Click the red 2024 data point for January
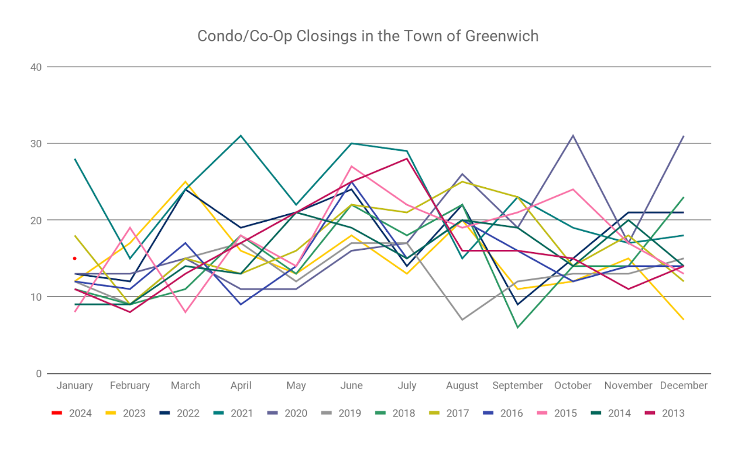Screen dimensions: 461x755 point(74,258)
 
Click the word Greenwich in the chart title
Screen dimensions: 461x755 point(502,36)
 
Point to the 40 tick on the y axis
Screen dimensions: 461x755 point(36,67)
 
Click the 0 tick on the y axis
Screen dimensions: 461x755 point(38,373)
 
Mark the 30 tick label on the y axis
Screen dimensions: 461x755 point(36,143)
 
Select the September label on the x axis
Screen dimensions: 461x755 point(517,386)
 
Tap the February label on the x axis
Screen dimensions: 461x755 point(130,386)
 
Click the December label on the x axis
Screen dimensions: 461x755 point(684,386)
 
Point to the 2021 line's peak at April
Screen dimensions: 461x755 point(241,136)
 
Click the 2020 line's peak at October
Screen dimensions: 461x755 point(573,136)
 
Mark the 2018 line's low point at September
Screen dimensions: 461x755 point(517,328)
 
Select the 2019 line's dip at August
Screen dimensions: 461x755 point(462,319)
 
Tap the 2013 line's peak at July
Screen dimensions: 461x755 point(407,159)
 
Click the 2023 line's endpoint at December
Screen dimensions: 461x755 point(684,319)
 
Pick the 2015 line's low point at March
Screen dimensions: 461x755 point(185,312)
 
